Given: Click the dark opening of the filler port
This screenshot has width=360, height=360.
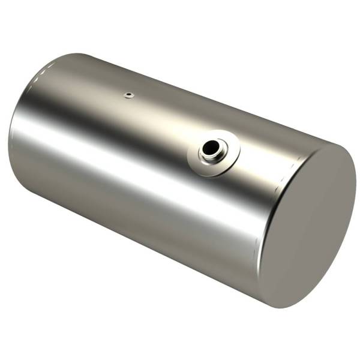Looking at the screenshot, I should [x=211, y=147].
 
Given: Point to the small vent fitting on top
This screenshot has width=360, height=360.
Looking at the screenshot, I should [x=128, y=94].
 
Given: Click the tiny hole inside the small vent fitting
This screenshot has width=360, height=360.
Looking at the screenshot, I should [x=128, y=94].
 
